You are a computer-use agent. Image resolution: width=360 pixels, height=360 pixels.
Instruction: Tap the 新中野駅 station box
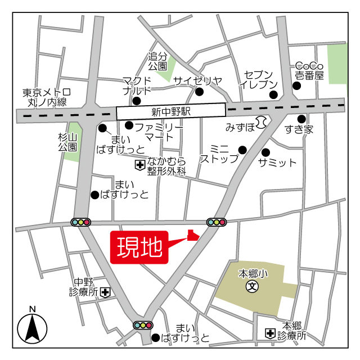pyautogui.click(x=171, y=111)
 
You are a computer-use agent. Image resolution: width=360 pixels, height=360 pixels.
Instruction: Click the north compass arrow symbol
pyautogui.click(x=32, y=328)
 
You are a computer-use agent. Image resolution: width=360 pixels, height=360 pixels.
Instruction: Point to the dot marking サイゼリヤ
pyautogui.click(x=199, y=91)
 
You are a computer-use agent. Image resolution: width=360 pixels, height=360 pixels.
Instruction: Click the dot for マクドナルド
pyautogui.click(x=136, y=101)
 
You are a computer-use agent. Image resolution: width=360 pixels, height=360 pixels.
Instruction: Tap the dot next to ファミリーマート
pyautogui.click(x=129, y=125)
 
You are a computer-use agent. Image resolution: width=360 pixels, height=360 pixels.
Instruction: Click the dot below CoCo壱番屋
pyautogui.click(x=296, y=86)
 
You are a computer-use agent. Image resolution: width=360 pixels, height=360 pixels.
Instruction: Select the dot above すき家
pyautogui.click(x=301, y=119)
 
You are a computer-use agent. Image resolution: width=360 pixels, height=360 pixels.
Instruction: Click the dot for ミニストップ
pyautogui.click(x=242, y=150)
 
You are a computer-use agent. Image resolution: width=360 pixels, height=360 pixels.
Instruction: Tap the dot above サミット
pyautogui.click(x=265, y=152)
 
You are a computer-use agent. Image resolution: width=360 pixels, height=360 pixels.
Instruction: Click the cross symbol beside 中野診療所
pyautogui.click(x=105, y=292)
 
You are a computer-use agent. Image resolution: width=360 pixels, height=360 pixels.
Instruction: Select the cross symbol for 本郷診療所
pyautogui.click(x=271, y=334)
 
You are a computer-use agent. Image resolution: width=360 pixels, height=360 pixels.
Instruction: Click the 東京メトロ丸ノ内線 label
pyautogui.click(x=47, y=97)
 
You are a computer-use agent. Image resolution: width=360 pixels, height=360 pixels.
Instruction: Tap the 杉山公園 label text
pyautogui.click(x=67, y=142)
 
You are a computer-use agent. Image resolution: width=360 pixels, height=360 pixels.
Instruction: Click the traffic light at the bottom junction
pyautogui.click(x=143, y=325)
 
